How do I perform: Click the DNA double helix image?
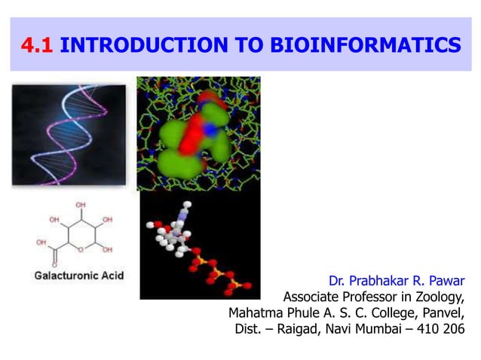tap(69, 134)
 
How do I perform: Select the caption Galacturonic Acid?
tap(78, 276)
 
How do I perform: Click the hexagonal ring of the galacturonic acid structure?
tap(80, 233)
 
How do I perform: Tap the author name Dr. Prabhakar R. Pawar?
tap(397, 280)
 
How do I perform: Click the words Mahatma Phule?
tap(268, 313)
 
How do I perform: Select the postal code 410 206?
tap(438, 329)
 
